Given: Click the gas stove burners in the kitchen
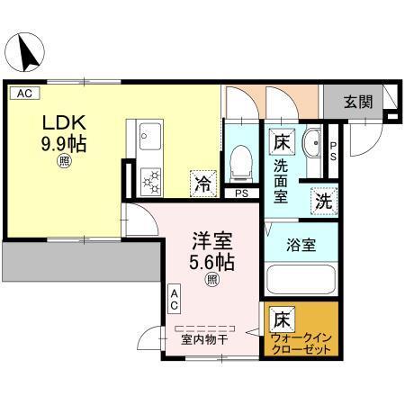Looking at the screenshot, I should [x=149, y=179].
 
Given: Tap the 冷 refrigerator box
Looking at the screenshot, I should [x=203, y=183].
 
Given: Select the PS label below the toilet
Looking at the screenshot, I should [x=240, y=193].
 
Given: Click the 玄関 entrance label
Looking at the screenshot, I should [x=356, y=102].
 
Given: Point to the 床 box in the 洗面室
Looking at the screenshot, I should [x=281, y=141].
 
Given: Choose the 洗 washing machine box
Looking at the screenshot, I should [x=322, y=201].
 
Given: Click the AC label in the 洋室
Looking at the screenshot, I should [x=176, y=299].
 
